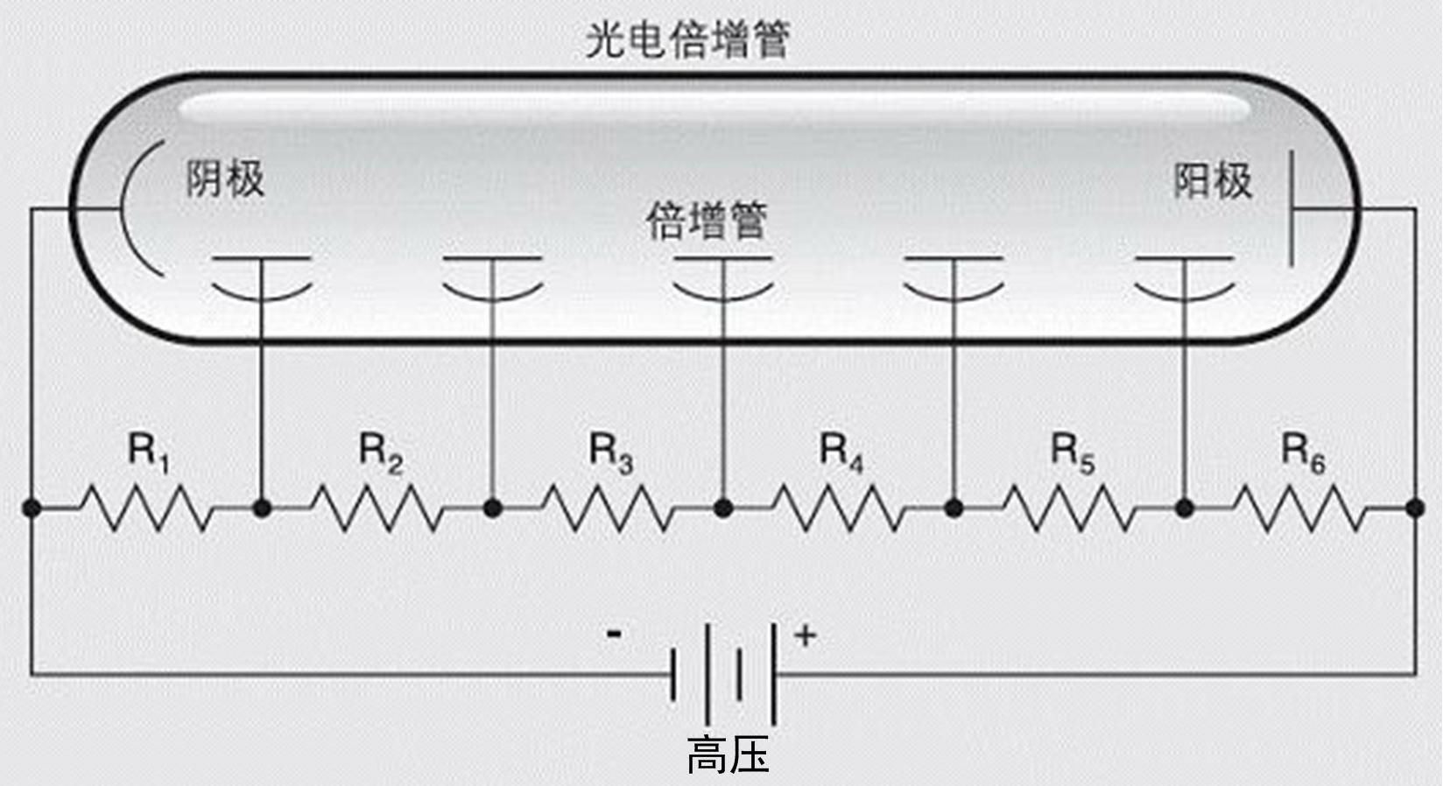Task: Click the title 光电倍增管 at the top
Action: [687, 39]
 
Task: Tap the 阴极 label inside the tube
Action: [225, 179]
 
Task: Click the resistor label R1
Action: [148, 452]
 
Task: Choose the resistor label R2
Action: [380, 452]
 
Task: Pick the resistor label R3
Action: [610, 452]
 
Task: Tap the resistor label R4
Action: [841, 452]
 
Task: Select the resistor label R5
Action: [1072, 452]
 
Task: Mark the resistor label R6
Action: [1303, 452]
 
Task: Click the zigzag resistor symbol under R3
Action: [608, 509]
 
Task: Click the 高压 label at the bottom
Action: [728, 754]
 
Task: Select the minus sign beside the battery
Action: [615, 634]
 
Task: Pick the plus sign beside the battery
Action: [805, 635]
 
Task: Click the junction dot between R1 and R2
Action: [261, 508]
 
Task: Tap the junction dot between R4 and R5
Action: [954, 508]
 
